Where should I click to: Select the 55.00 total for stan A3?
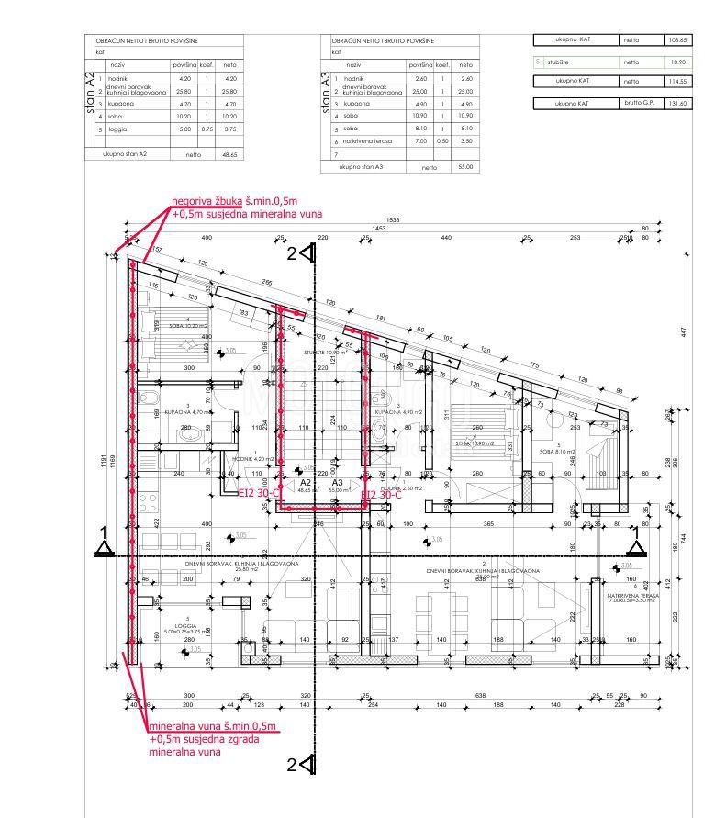point(465,167)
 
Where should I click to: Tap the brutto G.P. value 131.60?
point(678,104)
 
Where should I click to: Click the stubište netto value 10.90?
point(678,62)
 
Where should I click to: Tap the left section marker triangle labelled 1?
point(104,549)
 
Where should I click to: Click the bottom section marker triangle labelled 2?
point(307,764)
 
